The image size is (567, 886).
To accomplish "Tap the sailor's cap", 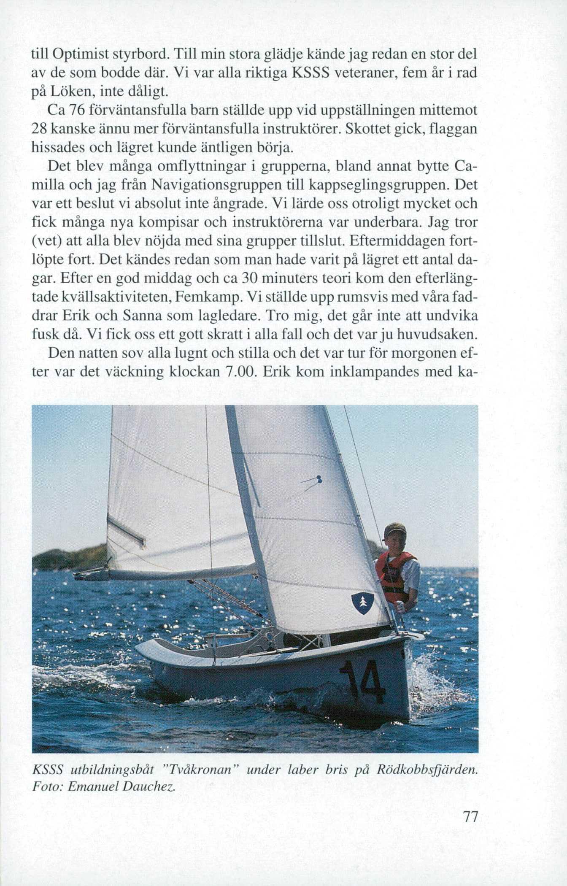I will coord(394,530).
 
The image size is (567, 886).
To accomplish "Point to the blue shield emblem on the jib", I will coord(360,604).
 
